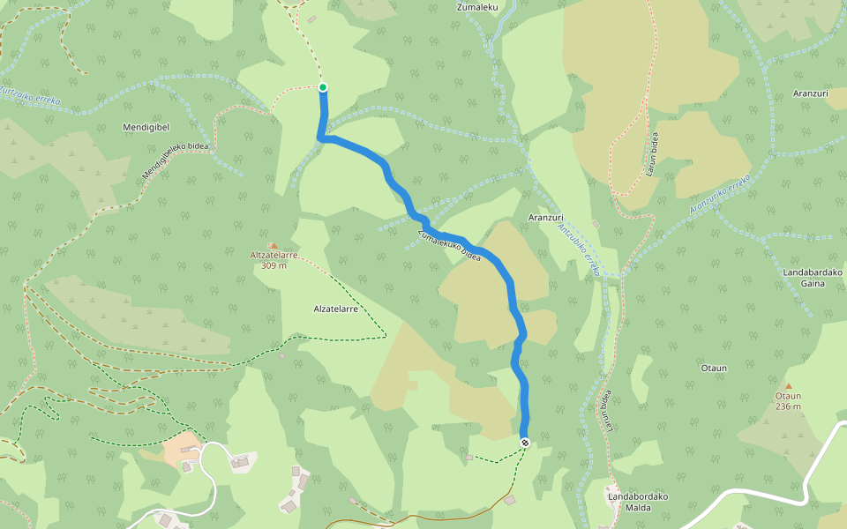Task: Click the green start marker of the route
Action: click(323, 86)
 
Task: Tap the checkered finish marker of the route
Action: click(525, 443)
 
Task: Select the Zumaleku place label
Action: click(477, 7)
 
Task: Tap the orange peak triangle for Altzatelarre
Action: click(274, 246)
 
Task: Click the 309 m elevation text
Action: click(274, 265)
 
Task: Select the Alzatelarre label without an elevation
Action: click(335, 309)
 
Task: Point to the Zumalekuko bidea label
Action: click(449, 244)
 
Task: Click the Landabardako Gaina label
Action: click(813, 278)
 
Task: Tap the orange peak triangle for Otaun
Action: click(789, 386)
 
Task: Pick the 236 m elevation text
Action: click(789, 406)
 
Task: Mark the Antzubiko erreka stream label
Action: click(579, 248)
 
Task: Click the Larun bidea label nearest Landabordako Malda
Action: click(608, 412)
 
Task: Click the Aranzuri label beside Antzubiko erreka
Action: click(545, 217)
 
